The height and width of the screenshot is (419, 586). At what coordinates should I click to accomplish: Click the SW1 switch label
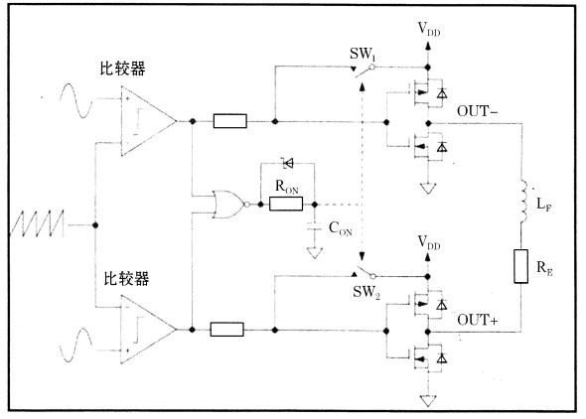coord(363,55)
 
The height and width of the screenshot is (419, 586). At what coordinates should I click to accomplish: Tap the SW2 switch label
coord(366,292)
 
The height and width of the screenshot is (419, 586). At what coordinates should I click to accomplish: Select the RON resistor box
coord(286,204)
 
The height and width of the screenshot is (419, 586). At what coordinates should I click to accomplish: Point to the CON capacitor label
coord(340,228)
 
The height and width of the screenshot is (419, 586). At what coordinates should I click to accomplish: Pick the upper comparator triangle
coord(148,121)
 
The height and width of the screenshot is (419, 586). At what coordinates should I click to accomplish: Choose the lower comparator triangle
coord(148,330)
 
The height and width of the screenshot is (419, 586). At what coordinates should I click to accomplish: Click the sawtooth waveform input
coord(37,223)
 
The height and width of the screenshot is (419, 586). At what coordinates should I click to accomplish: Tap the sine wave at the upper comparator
coord(76,101)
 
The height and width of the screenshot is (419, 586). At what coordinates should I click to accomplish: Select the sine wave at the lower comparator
coord(75,346)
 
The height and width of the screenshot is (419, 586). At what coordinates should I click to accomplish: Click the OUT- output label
coord(478,111)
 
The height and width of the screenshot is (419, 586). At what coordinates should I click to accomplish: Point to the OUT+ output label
coord(478,320)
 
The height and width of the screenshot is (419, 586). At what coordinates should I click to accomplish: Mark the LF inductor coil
coord(523,203)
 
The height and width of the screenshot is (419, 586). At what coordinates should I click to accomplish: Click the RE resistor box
coord(521,266)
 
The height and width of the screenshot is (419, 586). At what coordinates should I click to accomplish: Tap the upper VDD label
coord(429,29)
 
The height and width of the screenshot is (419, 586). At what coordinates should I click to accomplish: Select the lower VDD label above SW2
coord(429,242)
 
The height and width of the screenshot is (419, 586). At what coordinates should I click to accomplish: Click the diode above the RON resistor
coord(288,163)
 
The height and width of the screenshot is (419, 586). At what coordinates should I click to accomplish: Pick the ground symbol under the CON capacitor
coord(315,253)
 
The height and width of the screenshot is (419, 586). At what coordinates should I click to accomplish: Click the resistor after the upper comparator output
coord(229,121)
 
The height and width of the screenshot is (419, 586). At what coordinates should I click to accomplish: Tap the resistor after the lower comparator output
coord(226,330)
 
